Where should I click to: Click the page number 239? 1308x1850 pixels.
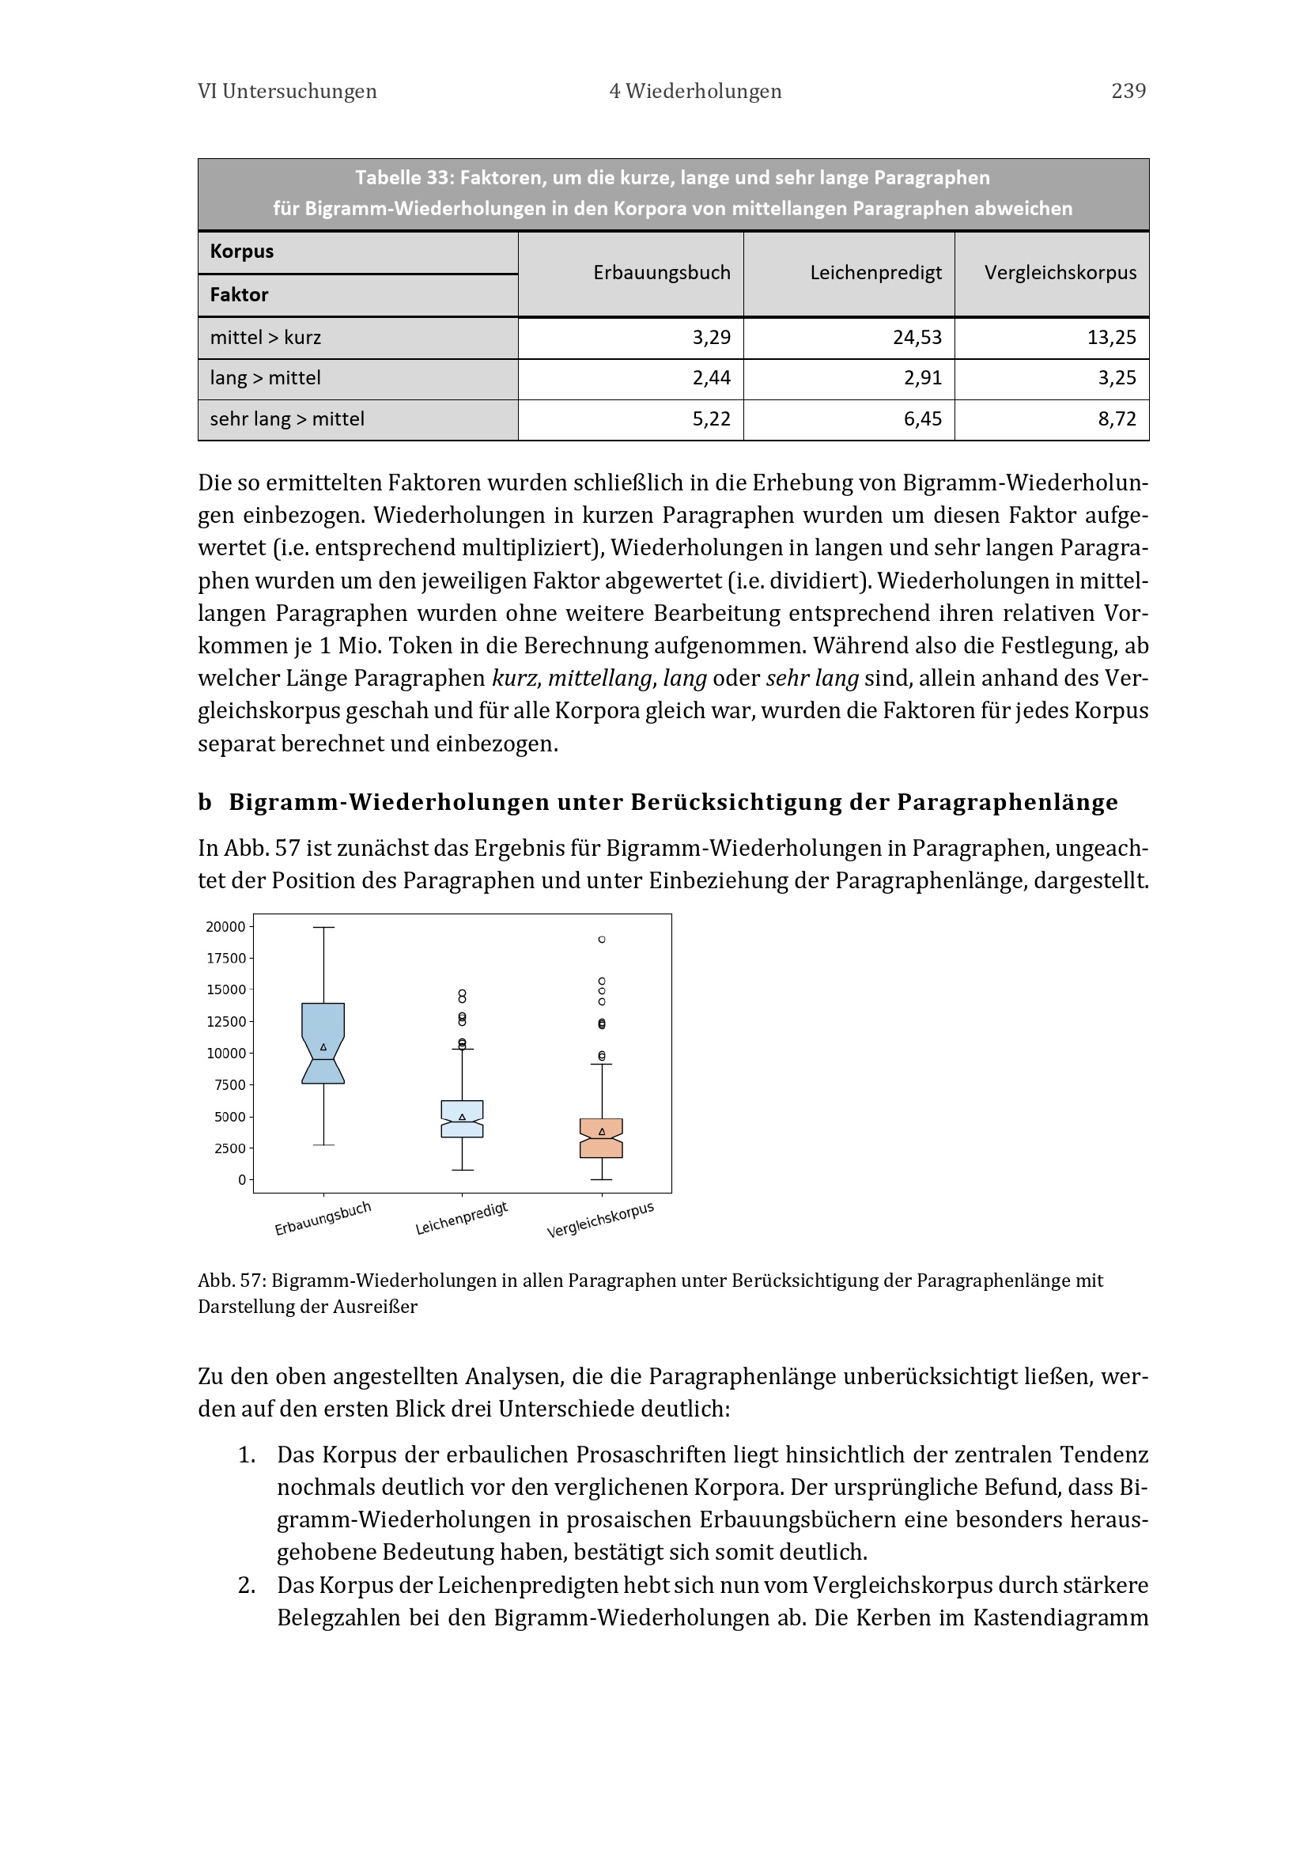click(1128, 91)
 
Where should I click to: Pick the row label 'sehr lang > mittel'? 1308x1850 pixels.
click(287, 419)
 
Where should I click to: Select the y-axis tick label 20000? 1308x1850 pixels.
click(225, 927)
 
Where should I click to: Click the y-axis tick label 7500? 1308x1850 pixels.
click(229, 1085)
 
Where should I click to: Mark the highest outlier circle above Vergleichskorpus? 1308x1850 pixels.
click(602, 940)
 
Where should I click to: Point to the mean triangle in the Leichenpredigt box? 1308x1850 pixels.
click(463, 1117)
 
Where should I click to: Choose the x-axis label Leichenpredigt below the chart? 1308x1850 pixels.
click(462, 1218)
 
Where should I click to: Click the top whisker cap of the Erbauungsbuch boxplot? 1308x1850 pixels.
click(323, 928)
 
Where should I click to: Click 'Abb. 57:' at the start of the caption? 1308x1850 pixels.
click(231, 1281)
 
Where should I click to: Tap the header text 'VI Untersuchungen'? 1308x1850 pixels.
click(287, 91)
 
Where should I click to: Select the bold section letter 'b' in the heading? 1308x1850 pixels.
click(205, 803)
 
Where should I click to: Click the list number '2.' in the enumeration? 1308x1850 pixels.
click(247, 1585)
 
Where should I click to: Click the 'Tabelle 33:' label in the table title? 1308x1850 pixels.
click(403, 177)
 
